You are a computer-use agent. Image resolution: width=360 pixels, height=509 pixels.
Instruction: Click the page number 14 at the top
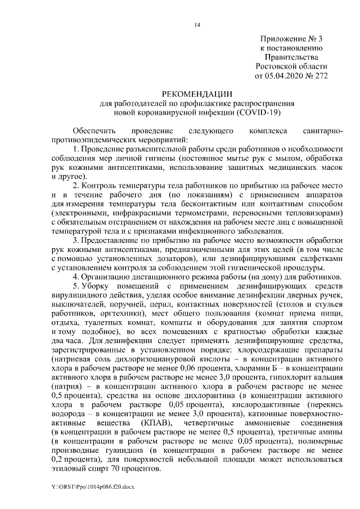pos(197,24)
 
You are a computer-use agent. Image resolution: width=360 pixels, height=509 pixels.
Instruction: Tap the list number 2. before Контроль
pos(77,185)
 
